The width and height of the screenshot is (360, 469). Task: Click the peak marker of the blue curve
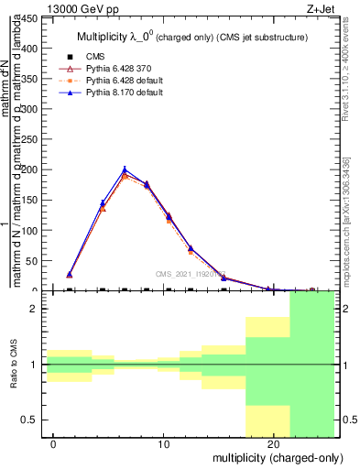(125, 169)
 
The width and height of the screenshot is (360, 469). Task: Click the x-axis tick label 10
(164, 444)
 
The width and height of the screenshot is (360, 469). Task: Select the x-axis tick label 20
(274, 444)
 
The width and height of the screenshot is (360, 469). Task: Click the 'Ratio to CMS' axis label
(14, 364)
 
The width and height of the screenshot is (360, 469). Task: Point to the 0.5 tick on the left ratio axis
(30, 420)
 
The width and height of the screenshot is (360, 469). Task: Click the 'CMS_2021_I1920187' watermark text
(191, 273)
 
